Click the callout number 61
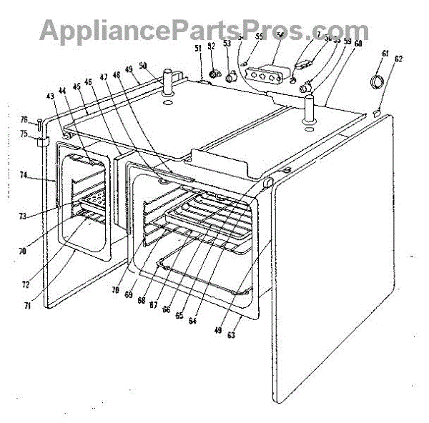(x=385, y=54)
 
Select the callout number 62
(x=398, y=59)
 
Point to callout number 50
(x=143, y=66)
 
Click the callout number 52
(x=212, y=46)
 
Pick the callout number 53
(x=227, y=44)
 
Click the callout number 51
(x=198, y=49)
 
